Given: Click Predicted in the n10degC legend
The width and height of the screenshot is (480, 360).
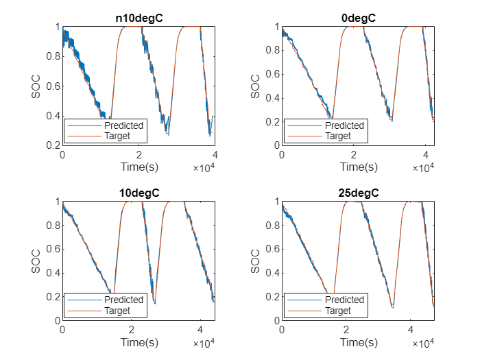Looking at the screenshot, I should pos(123,125).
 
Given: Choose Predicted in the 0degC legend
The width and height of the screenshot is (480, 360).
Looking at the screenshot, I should pos(343,125).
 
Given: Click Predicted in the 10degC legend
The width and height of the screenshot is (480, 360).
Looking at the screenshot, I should pos(123,300).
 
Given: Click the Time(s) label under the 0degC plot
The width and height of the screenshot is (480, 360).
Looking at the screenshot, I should pos(358,167).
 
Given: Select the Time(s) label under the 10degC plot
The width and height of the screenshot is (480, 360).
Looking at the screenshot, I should pos(139,341).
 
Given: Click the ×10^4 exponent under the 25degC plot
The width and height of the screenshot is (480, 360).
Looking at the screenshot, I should pos(422,343).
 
